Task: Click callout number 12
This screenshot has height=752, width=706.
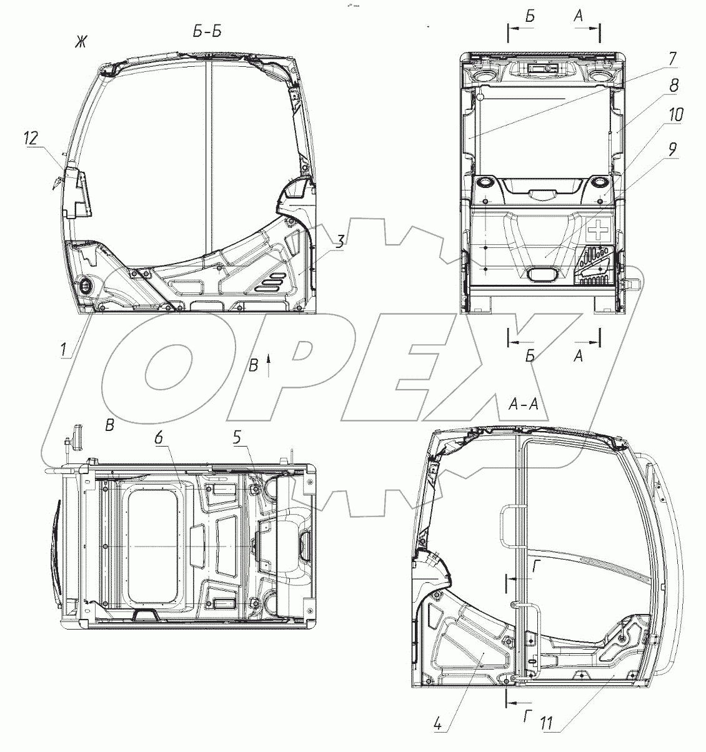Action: pyautogui.click(x=32, y=138)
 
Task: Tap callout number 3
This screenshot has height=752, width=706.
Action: pyautogui.click(x=340, y=242)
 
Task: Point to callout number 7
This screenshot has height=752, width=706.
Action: pyautogui.click(x=672, y=59)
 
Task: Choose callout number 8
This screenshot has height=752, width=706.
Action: pyautogui.click(x=674, y=85)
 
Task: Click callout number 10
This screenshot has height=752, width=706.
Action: pyautogui.click(x=675, y=115)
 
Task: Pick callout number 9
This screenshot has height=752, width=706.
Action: pyautogui.click(x=672, y=149)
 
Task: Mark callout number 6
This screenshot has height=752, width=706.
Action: pyautogui.click(x=159, y=438)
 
